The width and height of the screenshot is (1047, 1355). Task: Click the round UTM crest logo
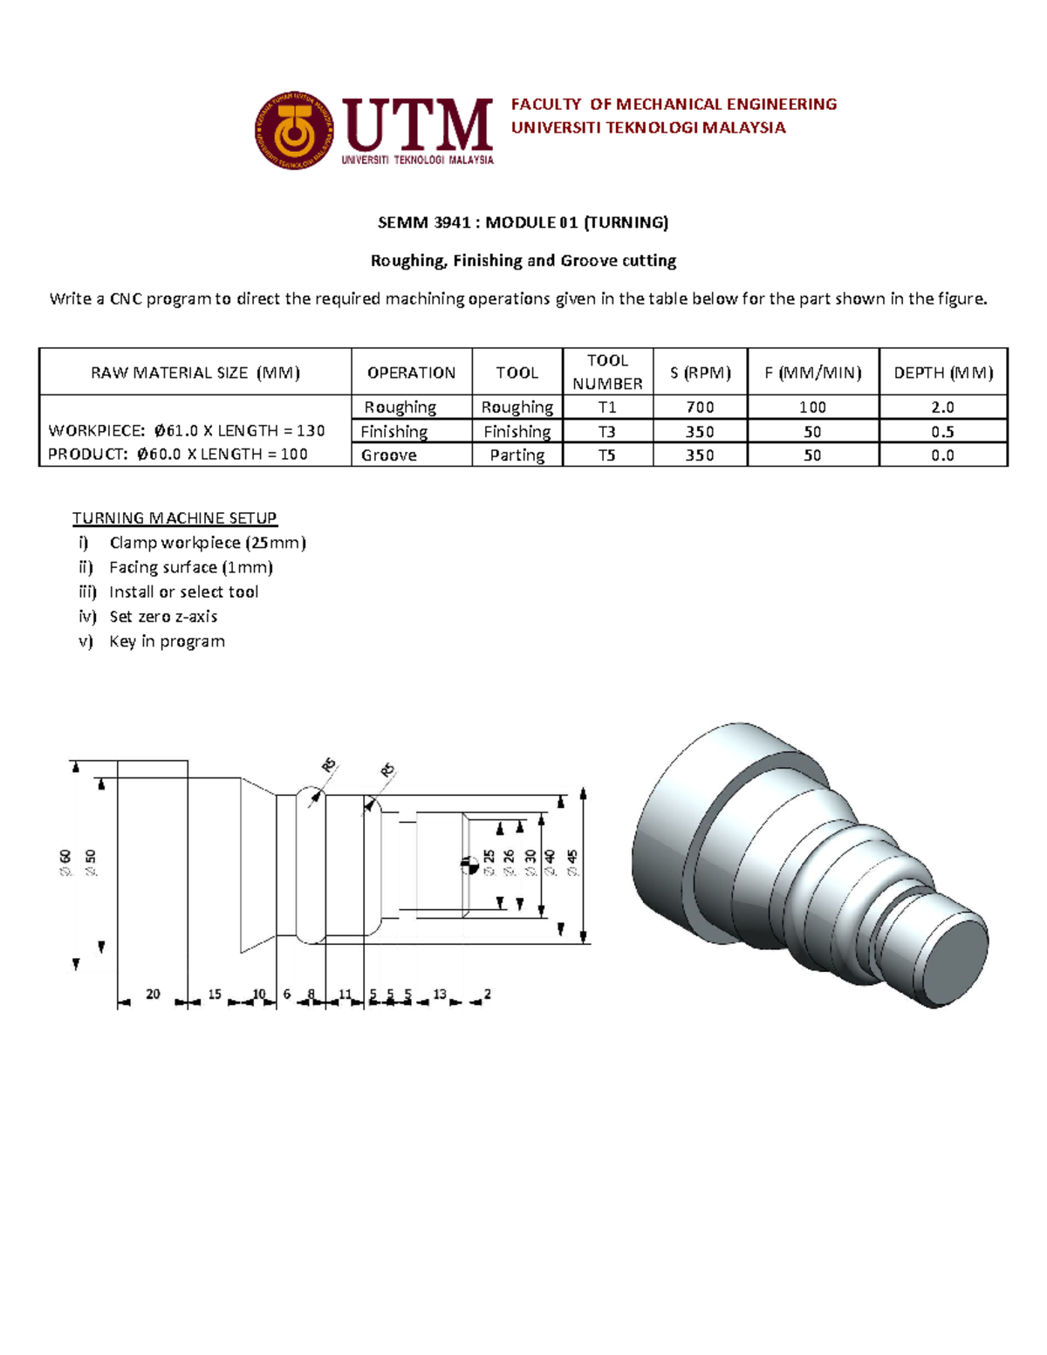(x=294, y=131)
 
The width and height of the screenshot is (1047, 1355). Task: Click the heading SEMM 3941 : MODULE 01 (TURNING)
(x=523, y=222)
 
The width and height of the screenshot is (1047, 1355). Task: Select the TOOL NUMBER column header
(x=607, y=372)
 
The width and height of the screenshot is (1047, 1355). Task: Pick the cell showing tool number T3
(x=607, y=432)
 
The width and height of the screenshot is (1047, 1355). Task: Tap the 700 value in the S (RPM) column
(x=700, y=407)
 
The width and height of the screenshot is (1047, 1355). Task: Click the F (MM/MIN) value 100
(x=812, y=407)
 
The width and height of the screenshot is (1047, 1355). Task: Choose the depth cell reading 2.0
(x=942, y=407)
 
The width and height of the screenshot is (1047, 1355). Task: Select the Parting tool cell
(x=517, y=455)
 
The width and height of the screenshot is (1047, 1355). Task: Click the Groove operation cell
(x=389, y=455)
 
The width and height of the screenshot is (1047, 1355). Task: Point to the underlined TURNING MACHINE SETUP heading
(x=174, y=518)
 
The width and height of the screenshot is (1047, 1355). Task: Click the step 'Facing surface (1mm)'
(x=190, y=567)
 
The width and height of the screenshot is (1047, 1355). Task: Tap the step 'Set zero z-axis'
(x=163, y=617)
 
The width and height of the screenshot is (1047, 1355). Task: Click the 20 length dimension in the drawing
(x=153, y=994)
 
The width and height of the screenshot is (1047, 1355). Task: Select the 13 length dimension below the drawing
(x=440, y=994)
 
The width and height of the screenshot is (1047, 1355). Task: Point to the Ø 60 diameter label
(x=65, y=862)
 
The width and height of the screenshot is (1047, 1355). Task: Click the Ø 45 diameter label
(x=572, y=862)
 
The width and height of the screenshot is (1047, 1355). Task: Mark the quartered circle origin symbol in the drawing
(x=469, y=865)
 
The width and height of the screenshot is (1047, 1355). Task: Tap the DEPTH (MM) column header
(x=943, y=373)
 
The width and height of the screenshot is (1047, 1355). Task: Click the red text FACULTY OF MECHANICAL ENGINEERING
(x=674, y=105)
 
